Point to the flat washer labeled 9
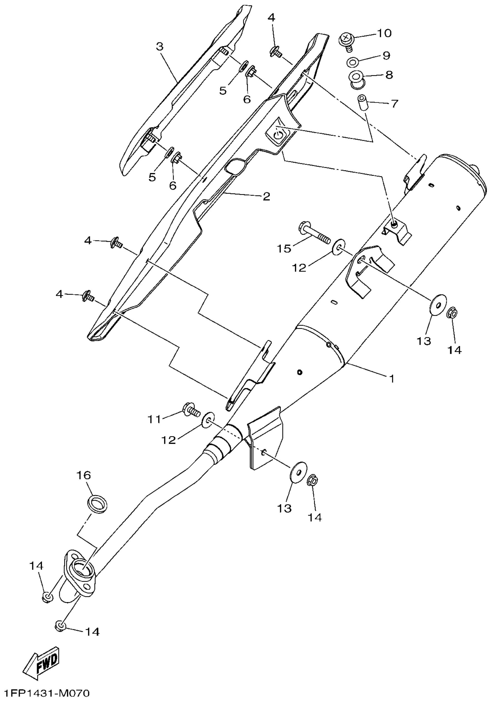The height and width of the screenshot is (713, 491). (x=352, y=62)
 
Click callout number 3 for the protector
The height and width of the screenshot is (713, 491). (x=160, y=47)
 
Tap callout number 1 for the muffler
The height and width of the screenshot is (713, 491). (x=392, y=378)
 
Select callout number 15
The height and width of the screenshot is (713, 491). (x=284, y=248)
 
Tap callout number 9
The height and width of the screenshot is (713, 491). (x=386, y=55)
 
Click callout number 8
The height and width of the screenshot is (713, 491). (x=389, y=75)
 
